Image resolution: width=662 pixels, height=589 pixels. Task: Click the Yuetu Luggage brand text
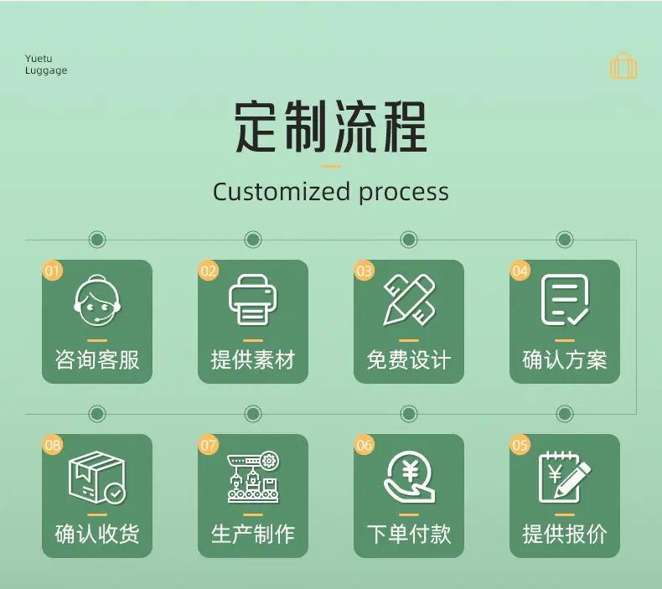click(x=46, y=65)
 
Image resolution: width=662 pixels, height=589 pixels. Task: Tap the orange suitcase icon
click(x=623, y=65)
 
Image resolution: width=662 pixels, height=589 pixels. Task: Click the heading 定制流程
click(x=330, y=127)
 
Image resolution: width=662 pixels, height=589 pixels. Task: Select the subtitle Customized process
click(x=330, y=192)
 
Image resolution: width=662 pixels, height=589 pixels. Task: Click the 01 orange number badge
click(x=52, y=271)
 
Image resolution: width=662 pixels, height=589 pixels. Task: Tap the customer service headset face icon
click(x=97, y=301)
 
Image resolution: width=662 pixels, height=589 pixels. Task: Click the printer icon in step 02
click(x=252, y=300)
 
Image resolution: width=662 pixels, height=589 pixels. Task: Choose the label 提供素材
click(x=253, y=360)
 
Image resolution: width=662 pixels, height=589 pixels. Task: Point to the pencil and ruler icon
click(x=409, y=300)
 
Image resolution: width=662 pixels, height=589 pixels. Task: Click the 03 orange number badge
click(x=364, y=271)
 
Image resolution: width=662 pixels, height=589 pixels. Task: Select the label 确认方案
click(x=565, y=360)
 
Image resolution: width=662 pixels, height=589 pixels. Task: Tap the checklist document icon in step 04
click(x=565, y=300)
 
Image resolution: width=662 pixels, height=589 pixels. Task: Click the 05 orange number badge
click(x=520, y=445)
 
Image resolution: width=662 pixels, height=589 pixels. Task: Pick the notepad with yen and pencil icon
click(x=565, y=477)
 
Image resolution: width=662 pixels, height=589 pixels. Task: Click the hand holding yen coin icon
click(x=409, y=477)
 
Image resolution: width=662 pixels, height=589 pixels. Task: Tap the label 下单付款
click(x=409, y=534)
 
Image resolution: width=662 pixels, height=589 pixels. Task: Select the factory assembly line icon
click(x=253, y=477)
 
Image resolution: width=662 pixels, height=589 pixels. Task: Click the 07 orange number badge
click(x=208, y=445)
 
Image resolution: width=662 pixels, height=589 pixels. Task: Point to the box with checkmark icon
click(x=97, y=477)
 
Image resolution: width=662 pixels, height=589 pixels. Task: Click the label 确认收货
click(x=97, y=534)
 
